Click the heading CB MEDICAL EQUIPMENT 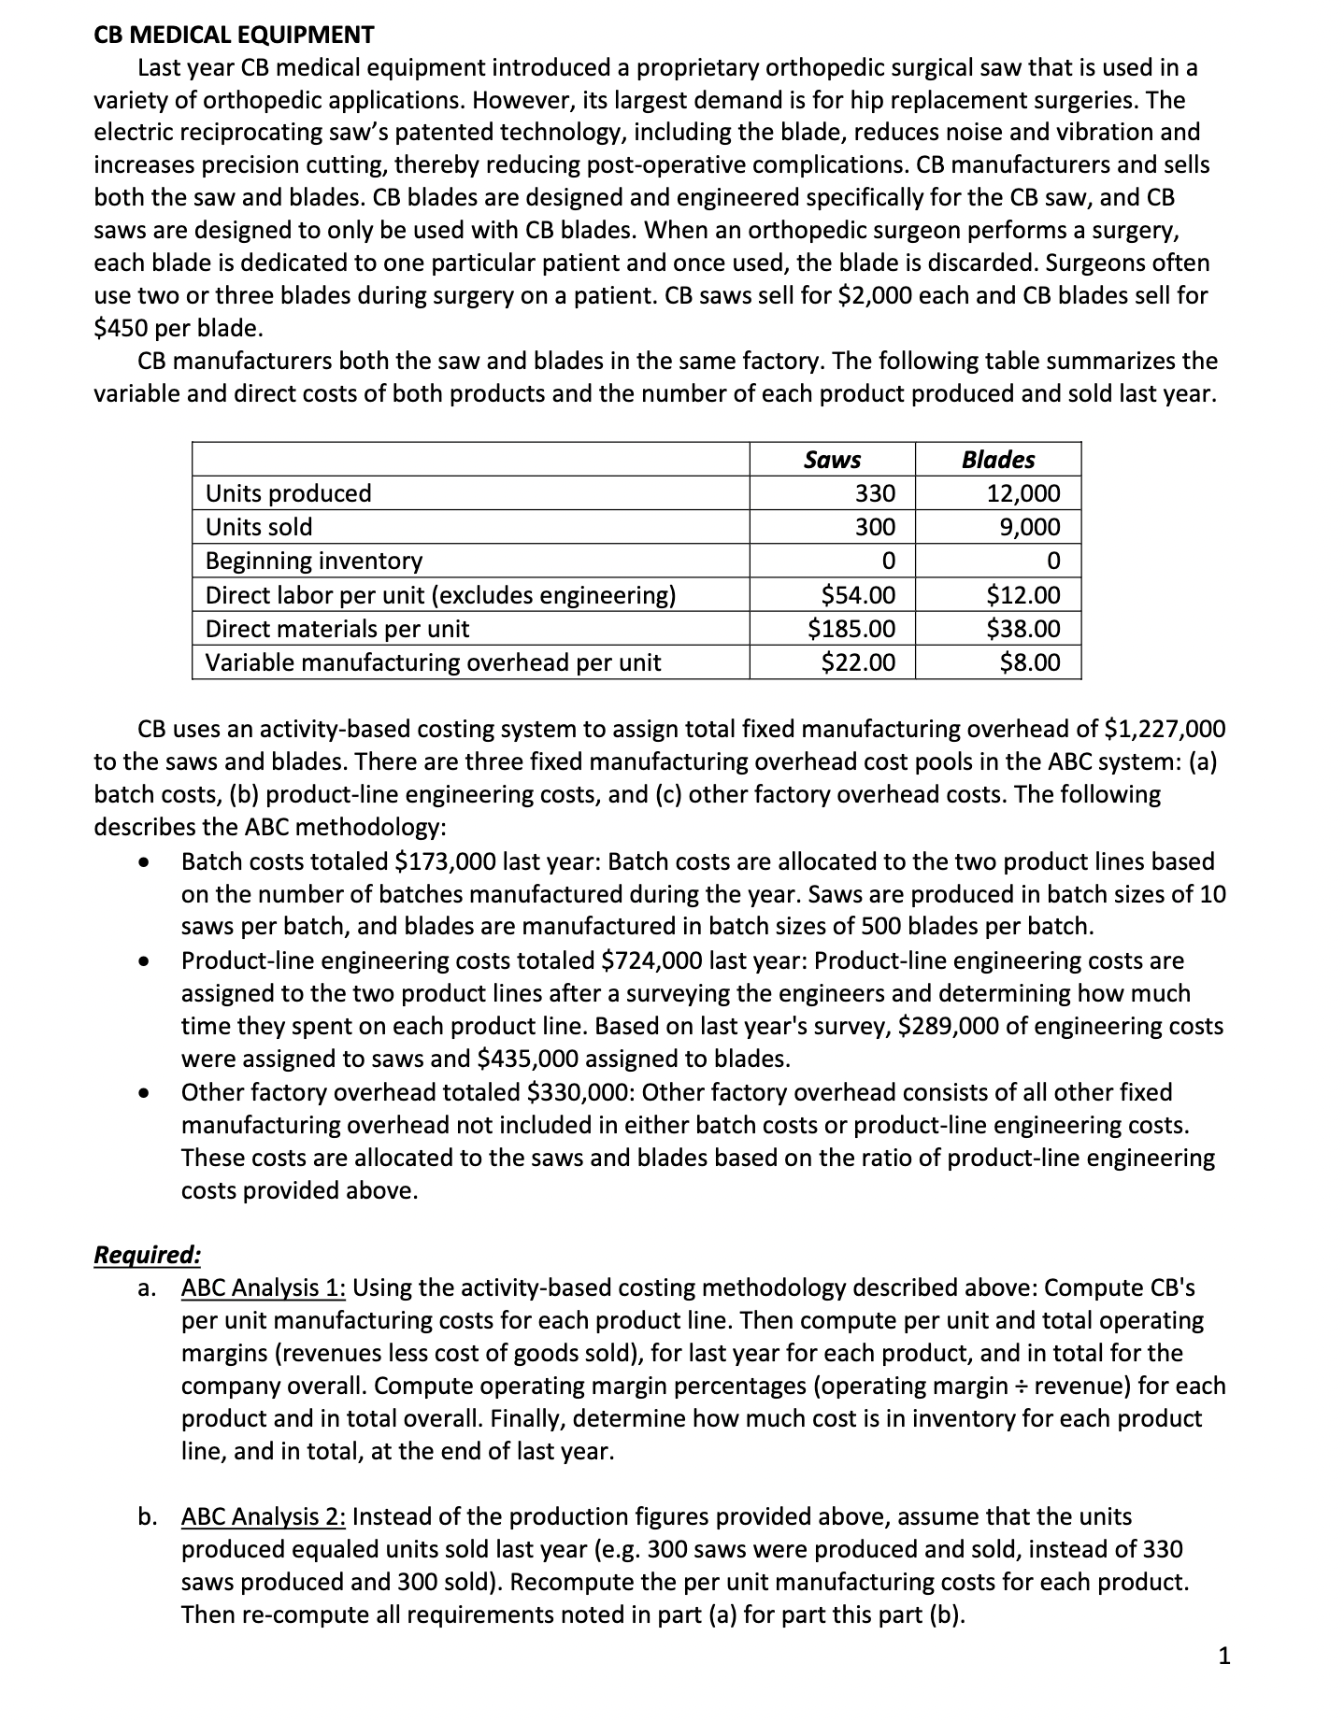tap(234, 36)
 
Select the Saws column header tap(832, 460)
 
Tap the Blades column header tap(998, 460)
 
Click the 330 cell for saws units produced tap(875, 493)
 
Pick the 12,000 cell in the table tap(1023, 493)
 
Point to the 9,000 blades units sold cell tap(1030, 527)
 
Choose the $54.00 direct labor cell tap(857, 595)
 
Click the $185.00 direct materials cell tap(851, 629)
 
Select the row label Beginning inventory tap(314, 561)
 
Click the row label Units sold tap(259, 527)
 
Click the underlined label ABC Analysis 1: tap(264, 1287)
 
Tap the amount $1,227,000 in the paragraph tap(1165, 729)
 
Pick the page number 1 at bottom tap(1225, 1657)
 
